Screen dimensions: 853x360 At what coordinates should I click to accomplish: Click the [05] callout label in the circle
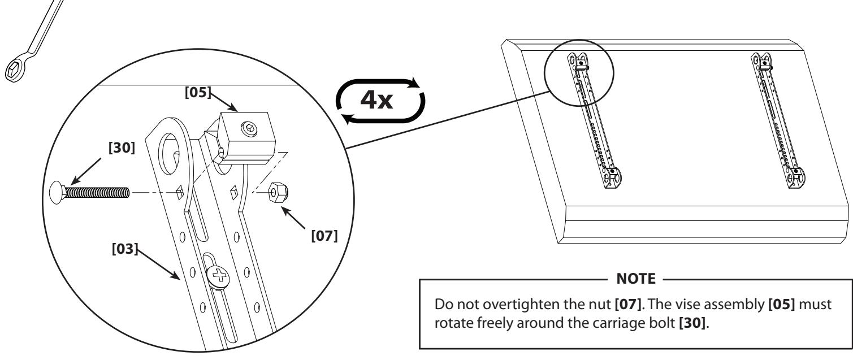point(198,92)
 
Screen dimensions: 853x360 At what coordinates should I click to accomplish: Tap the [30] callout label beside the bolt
point(122,148)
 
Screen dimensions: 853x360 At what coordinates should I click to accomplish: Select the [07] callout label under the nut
point(324,236)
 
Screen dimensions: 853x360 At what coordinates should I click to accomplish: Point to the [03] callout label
point(125,249)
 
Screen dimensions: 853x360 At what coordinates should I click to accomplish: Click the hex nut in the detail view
point(278,193)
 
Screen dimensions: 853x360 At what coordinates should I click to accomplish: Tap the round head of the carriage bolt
point(57,192)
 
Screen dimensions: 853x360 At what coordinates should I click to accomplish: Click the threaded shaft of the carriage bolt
point(97,192)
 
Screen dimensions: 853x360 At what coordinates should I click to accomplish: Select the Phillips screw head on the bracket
point(218,276)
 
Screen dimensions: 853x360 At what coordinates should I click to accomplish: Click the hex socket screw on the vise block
point(249,129)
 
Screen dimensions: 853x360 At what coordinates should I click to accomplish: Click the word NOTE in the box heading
point(636,279)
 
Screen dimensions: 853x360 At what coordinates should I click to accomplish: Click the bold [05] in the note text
point(782,305)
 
